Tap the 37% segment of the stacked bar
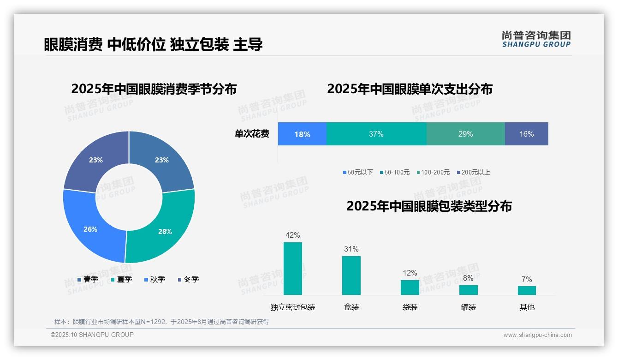[376, 134]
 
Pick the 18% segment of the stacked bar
[302, 134]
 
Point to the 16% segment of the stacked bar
[526, 134]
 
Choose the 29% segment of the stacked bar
[465, 134]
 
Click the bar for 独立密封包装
[293, 269]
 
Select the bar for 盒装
[351, 276]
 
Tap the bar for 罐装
[468, 290]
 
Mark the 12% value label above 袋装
[410, 273]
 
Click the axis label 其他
[527, 307]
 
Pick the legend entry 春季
[88, 279]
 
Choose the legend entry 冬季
[188, 279]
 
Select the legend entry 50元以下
[358, 172]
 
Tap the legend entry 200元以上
[473, 172]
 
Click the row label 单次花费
[252, 134]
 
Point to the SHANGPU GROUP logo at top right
[536, 39]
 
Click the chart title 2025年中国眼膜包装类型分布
[429, 206]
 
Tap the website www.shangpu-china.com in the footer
[537, 335]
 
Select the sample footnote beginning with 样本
[161, 322]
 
